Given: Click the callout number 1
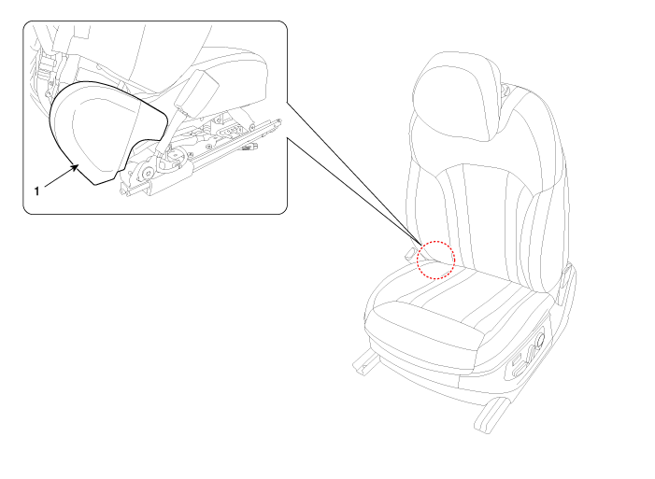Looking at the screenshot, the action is click(36, 191).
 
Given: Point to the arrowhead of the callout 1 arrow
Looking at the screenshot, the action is click(75, 168).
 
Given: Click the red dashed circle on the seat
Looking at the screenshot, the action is click(435, 260).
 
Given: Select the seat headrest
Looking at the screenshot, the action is click(456, 95).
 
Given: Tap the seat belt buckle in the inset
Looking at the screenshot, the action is click(196, 91).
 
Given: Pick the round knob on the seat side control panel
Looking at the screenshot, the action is click(540, 340).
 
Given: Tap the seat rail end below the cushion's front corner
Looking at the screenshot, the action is click(362, 362).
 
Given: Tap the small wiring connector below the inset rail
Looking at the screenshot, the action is click(250, 146).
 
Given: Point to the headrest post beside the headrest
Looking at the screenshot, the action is click(505, 89).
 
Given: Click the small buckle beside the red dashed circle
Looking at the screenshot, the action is click(410, 253).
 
